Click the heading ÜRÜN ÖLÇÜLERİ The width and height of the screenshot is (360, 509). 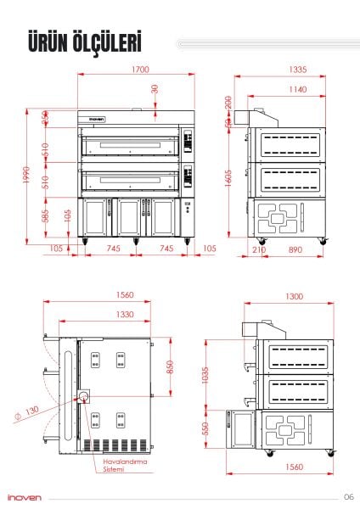[83, 42]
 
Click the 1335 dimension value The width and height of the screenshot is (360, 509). [296, 70]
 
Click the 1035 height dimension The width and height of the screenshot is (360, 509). [206, 375]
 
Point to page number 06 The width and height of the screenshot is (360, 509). [348, 497]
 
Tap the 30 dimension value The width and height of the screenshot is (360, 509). [155, 89]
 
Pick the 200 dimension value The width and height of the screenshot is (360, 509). [229, 103]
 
